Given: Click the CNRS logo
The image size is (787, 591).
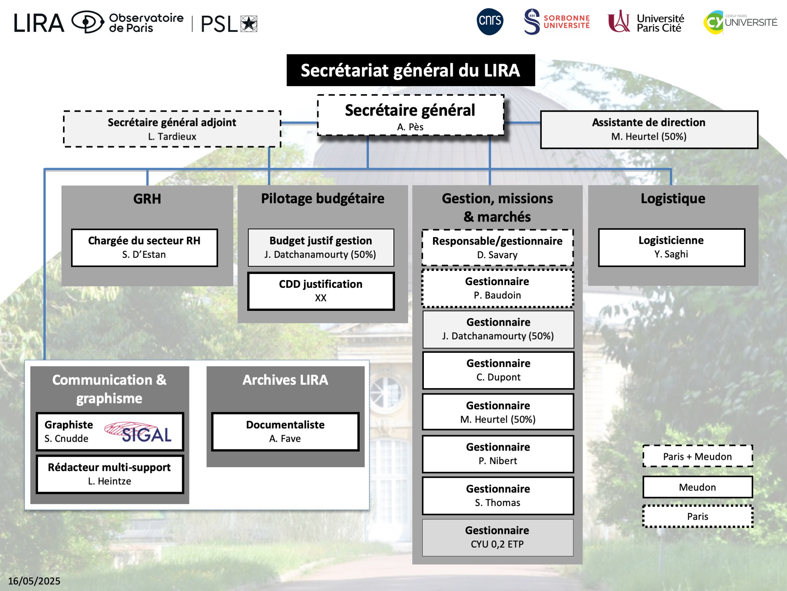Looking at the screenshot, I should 490,22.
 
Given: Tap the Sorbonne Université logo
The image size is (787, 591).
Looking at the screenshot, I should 557,22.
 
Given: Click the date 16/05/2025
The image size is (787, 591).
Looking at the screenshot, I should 34,581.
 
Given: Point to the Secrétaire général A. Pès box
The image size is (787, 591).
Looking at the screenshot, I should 410,116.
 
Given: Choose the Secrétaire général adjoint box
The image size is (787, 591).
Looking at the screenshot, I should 172,129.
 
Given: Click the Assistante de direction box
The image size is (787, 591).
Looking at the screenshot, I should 649,130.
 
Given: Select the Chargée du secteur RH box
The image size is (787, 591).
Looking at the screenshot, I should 144,247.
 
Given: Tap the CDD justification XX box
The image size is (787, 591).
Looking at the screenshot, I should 321,291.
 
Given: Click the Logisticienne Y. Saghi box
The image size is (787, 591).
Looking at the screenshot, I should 671,247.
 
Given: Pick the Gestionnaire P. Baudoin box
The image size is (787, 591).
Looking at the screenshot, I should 498,289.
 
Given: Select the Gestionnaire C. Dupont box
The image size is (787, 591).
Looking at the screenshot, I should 498,370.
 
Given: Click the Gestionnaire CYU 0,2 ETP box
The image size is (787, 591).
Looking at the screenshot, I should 498,538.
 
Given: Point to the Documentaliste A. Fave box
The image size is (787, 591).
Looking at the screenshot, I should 285,432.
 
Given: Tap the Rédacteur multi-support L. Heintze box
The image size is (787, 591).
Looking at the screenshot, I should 110,474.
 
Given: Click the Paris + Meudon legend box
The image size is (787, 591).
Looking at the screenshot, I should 697,456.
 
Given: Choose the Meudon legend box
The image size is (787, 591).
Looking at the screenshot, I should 697,487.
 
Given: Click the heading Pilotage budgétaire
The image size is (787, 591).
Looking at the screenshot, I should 323,199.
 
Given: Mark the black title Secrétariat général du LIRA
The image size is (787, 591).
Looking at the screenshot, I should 410,70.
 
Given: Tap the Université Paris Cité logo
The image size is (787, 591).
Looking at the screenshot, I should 646,22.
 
